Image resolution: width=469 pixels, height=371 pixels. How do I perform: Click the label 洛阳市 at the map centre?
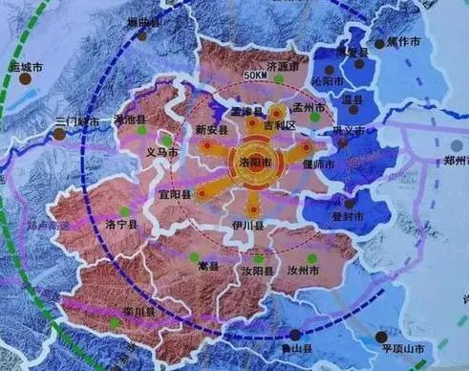252,163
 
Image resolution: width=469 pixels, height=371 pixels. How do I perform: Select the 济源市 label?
286,67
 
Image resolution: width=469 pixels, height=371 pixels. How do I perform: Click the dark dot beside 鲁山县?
295,335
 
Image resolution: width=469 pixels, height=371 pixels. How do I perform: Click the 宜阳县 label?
176,194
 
